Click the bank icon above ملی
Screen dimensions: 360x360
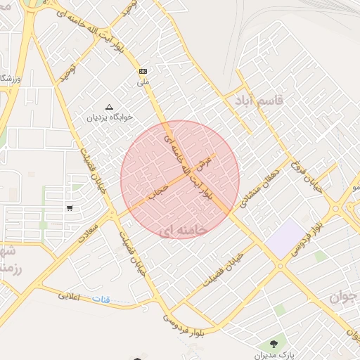coord(143,71)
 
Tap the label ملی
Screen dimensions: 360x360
coord(143,82)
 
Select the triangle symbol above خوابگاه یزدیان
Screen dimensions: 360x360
coord(108,107)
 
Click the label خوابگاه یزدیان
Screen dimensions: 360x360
coord(109,117)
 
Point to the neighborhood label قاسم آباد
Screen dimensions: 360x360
coord(259,101)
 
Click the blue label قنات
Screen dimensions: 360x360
coord(101,300)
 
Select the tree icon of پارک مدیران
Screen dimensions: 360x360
coord(274,343)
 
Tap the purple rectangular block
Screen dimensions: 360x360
coord(288,238)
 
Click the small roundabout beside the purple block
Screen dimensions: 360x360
coord(280,266)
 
